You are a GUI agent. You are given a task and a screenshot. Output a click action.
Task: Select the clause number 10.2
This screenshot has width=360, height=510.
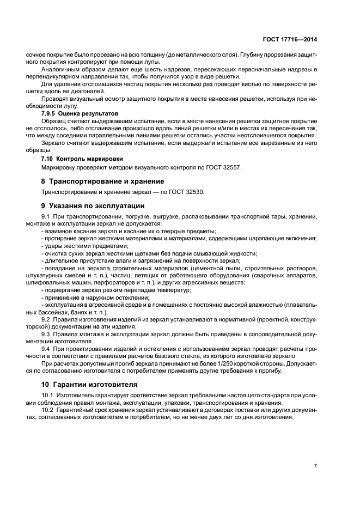(48, 410)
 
